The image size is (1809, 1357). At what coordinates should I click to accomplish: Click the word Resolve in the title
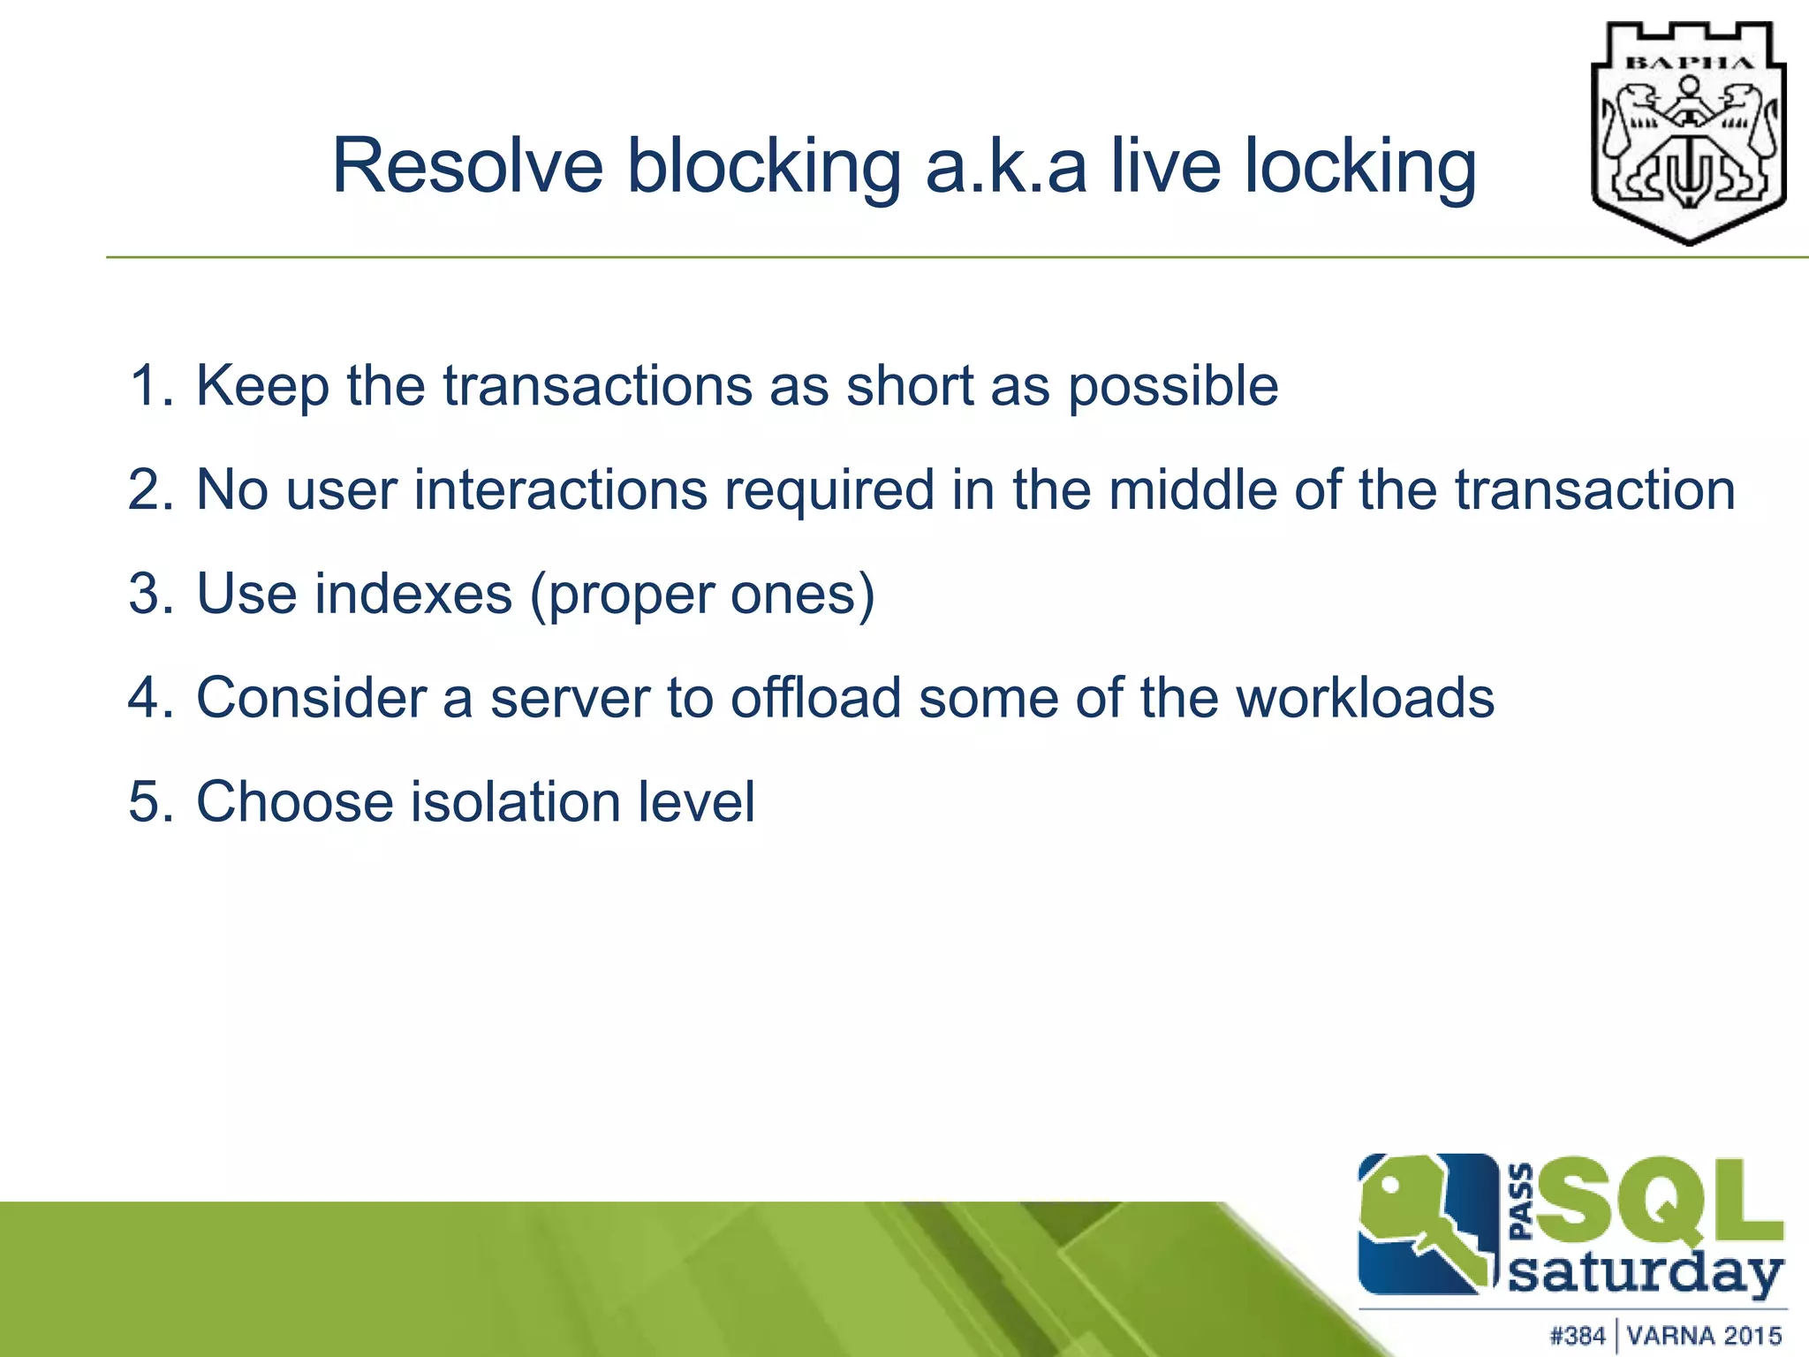[467, 166]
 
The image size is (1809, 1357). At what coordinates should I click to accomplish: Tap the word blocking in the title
[763, 166]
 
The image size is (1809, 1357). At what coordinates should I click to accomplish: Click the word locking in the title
[1360, 166]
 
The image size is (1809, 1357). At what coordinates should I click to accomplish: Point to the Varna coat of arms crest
[1688, 133]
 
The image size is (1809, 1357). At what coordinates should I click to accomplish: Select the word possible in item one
[1173, 386]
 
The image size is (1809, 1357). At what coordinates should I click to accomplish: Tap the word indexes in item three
[413, 594]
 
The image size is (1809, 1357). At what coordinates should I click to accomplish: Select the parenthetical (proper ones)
[702, 594]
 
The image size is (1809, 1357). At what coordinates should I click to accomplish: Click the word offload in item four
[816, 698]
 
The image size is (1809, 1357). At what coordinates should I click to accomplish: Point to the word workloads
[1365, 698]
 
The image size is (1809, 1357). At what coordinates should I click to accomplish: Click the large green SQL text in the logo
[1661, 1203]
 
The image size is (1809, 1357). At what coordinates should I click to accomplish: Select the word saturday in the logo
[1645, 1274]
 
